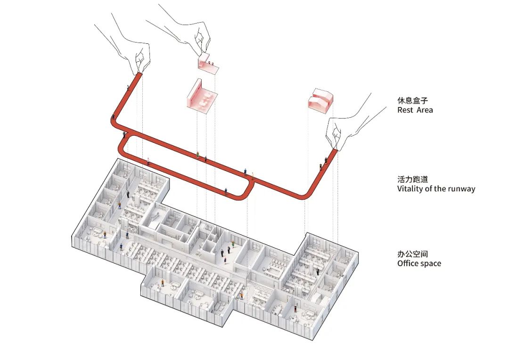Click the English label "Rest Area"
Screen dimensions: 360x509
[x=415, y=110]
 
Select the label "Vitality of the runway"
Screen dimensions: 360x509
[x=436, y=189]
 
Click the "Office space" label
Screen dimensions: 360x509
[x=419, y=263]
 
